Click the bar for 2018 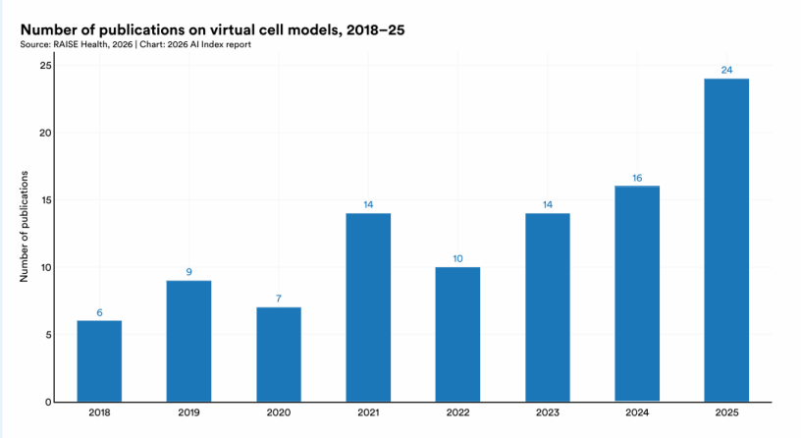pyautogui.click(x=99, y=360)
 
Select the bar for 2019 pyautogui.click(x=188, y=341)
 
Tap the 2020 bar pyautogui.click(x=279, y=355)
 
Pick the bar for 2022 pyautogui.click(x=457, y=334)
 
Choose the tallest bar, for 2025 pyautogui.click(x=726, y=241)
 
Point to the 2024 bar pyautogui.click(x=637, y=294)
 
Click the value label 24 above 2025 pyautogui.click(x=726, y=70)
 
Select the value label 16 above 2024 pyautogui.click(x=637, y=178)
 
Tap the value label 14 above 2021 pyautogui.click(x=368, y=204)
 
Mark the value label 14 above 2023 pyautogui.click(x=548, y=204)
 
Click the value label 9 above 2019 pyautogui.click(x=189, y=272)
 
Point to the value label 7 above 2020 pyautogui.click(x=279, y=299)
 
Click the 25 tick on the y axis pyautogui.click(x=45, y=66)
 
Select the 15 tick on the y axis pyautogui.click(x=46, y=199)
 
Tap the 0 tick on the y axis pyautogui.click(x=48, y=403)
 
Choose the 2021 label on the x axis pyautogui.click(x=368, y=412)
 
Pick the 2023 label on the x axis pyautogui.click(x=548, y=412)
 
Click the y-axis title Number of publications pyautogui.click(x=24, y=227)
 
